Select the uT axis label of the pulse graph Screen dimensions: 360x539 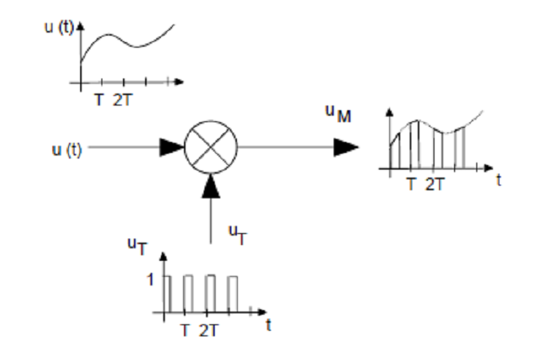[137, 247]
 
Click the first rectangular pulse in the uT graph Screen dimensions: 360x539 [167, 294]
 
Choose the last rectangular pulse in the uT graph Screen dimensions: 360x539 [232, 294]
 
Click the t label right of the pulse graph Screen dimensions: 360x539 [269, 324]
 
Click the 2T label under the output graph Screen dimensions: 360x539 [435, 185]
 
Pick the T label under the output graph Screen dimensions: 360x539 [411, 185]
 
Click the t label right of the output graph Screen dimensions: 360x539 [499, 180]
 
